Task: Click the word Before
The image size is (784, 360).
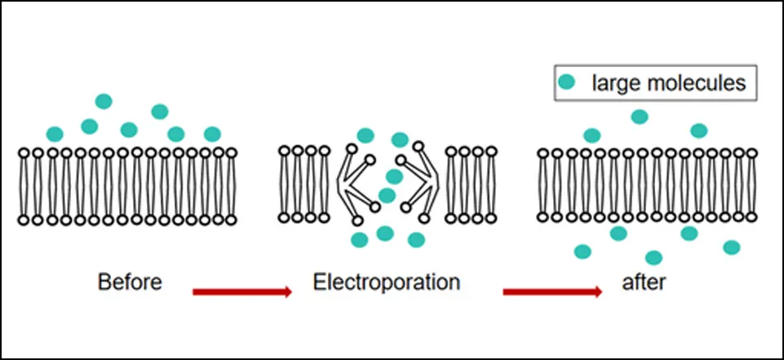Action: [130, 283]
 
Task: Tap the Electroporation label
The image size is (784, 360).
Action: [387, 283]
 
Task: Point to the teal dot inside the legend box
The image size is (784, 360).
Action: [567, 82]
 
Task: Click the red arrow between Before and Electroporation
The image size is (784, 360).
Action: [241, 291]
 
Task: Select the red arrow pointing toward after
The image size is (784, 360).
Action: [552, 291]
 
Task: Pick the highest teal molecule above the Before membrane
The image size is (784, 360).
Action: [104, 101]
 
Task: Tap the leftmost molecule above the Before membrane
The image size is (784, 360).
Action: [55, 133]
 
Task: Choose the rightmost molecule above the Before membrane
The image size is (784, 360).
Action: [212, 133]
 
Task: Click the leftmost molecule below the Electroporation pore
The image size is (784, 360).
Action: [359, 239]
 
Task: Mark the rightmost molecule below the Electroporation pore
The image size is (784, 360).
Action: [416, 239]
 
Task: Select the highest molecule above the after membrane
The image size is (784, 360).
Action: [640, 117]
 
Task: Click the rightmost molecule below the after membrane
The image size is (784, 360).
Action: [732, 247]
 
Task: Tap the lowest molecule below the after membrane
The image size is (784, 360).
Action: [653, 258]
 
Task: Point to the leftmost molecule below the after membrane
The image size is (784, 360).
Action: [582, 251]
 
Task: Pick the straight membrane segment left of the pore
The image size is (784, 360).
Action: [304, 185]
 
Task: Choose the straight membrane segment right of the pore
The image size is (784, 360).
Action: [471, 185]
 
